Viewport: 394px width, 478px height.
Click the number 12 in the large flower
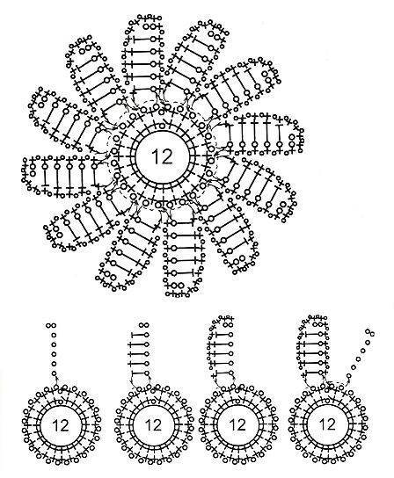point(162,156)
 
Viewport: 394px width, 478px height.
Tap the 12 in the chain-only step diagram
point(61,425)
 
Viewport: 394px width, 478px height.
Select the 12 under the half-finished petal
point(153,425)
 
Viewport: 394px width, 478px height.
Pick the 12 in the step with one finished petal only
point(237,425)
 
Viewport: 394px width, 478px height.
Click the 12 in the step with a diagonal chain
point(327,424)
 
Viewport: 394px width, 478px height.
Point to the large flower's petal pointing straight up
point(143,54)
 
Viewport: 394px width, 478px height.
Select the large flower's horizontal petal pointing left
point(61,174)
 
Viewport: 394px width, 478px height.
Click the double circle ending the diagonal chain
point(370,332)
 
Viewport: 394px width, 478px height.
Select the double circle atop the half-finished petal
point(143,325)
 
